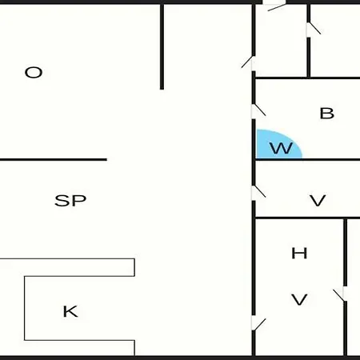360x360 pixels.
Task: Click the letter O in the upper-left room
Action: (x=34, y=72)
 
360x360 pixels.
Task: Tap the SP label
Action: (x=70, y=201)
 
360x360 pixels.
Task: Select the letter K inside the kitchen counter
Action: (x=70, y=311)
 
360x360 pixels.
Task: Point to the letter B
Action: (x=327, y=113)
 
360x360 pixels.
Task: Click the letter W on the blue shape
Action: (x=281, y=148)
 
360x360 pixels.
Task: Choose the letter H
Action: (x=299, y=253)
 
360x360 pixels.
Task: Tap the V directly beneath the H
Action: (x=299, y=299)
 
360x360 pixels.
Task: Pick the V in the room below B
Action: (x=318, y=201)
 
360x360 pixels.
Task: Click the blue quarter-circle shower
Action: (x=278, y=144)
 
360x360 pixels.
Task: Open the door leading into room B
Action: (x=258, y=111)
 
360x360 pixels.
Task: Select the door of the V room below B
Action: (x=258, y=193)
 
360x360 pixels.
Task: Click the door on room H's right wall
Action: (x=340, y=294)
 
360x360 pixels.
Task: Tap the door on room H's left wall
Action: (x=258, y=323)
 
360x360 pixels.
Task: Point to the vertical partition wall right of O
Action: (x=162, y=46)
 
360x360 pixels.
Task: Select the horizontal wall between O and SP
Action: (x=54, y=160)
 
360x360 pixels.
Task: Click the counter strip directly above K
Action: (x=67, y=267)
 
